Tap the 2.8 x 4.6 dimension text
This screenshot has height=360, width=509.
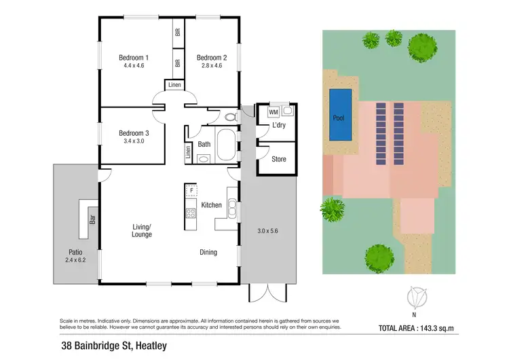coord(212,66)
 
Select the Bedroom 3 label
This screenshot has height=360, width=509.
coord(133,133)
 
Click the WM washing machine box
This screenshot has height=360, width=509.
coord(274,111)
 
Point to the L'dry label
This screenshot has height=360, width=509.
coord(279,126)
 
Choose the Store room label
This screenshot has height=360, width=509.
coord(278,159)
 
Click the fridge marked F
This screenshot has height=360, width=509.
coord(192,191)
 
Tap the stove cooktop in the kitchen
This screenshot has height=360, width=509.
coord(191,213)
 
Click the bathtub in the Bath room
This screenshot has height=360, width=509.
coord(227,143)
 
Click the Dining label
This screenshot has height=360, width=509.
coord(208,253)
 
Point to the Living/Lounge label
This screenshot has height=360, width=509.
coord(142,230)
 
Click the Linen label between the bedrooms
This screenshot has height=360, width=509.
coord(175,85)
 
